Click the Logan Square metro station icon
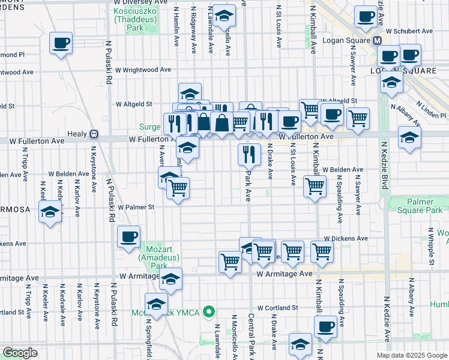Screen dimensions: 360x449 (378, 41)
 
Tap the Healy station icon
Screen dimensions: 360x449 (94, 133)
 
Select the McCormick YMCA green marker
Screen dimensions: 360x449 (209, 311)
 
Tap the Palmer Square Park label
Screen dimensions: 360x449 (419, 206)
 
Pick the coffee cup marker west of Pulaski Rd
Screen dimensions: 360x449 (61, 44)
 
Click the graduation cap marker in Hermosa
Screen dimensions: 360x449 (50, 212)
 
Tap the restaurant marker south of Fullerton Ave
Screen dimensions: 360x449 (248, 154)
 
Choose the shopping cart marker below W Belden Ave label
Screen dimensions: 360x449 (315, 186)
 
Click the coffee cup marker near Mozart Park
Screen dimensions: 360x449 (128, 236)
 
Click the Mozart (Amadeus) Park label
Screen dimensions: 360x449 (152, 256)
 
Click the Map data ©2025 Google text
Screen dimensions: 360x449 (411, 355)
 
